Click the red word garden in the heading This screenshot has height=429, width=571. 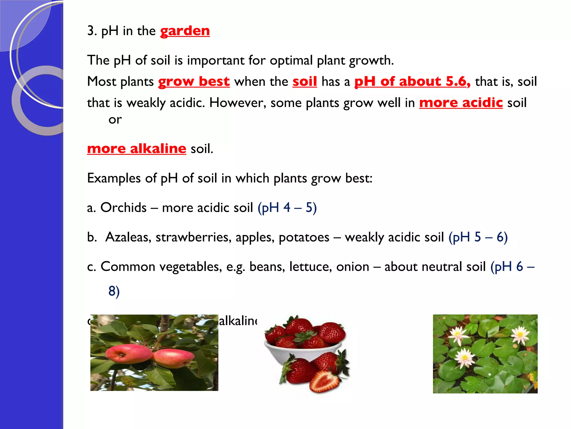tap(185, 31)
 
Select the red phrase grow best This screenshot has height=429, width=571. tap(194, 82)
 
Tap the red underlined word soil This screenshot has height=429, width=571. tap(304, 82)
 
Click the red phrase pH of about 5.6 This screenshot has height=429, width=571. tap(412, 82)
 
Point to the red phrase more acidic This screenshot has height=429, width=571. tap(461, 103)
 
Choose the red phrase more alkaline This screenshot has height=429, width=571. tap(136, 149)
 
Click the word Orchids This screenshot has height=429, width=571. tap(123, 208)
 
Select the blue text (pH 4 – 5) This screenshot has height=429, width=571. tap(287, 208)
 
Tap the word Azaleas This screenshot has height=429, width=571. tap(128, 237)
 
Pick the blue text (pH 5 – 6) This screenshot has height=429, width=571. tap(478, 237)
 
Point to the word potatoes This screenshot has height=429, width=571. tap(304, 237)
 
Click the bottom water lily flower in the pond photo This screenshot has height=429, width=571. tap(464, 358)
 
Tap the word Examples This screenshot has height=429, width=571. tap(114, 178)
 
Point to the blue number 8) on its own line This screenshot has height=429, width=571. tap(114, 291)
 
